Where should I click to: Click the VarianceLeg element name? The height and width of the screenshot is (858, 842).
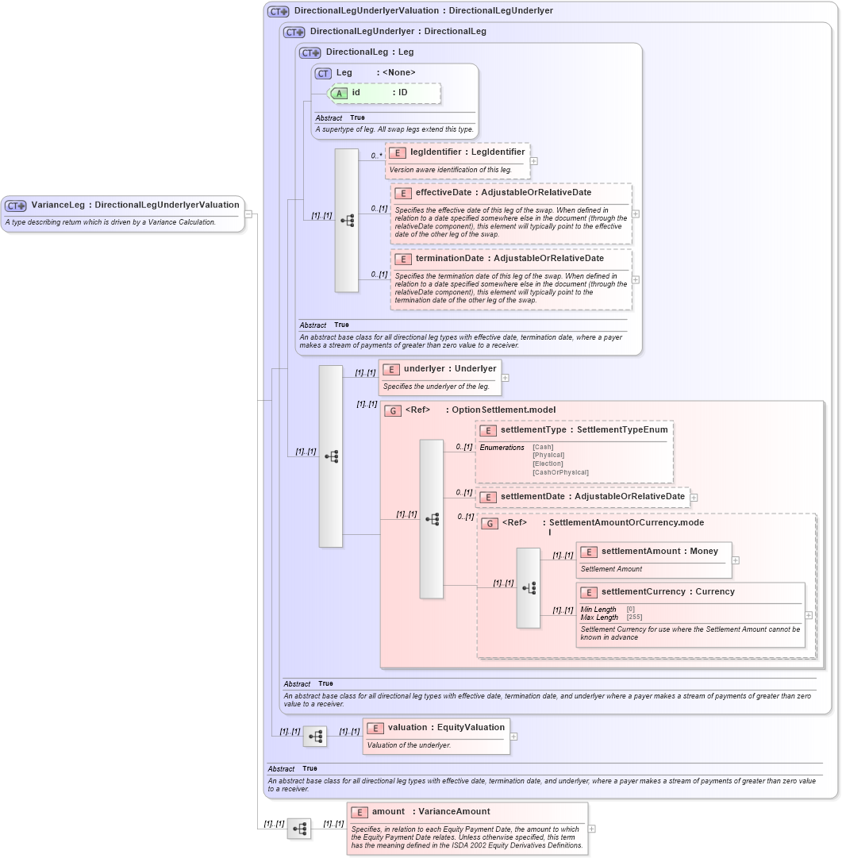[x=135, y=206]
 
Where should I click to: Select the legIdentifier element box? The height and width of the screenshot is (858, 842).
[x=457, y=160]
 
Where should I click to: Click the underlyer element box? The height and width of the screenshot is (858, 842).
[x=440, y=377]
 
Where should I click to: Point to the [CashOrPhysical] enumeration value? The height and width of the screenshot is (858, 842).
[x=560, y=472]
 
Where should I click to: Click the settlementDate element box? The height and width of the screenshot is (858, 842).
[x=582, y=497]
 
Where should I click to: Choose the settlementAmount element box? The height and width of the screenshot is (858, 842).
[x=653, y=560]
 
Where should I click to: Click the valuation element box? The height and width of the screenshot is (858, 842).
[x=436, y=736]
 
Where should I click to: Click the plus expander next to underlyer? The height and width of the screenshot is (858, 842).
[x=506, y=378]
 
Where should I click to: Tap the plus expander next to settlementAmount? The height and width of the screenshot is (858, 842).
[x=736, y=560]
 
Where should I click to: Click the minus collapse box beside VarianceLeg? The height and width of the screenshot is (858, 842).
[x=248, y=214]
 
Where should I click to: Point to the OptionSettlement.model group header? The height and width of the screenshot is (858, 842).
[x=480, y=410]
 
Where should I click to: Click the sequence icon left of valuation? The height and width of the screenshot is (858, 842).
[x=315, y=737]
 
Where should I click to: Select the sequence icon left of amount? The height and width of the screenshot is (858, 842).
[x=299, y=829]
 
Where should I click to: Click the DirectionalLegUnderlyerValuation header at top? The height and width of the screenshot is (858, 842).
[x=423, y=11]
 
